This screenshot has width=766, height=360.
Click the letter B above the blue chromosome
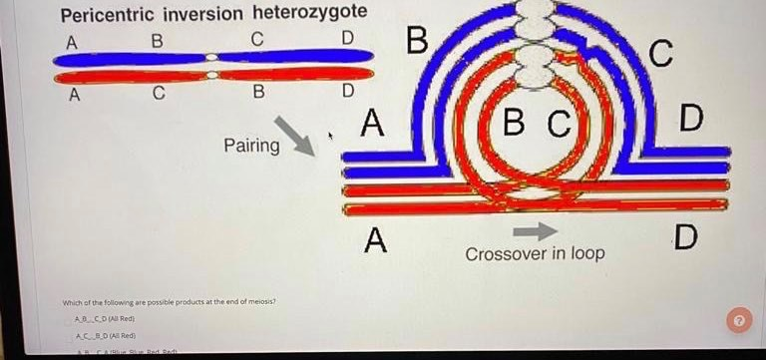click(x=155, y=41)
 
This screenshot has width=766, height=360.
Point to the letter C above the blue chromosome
click(x=256, y=41)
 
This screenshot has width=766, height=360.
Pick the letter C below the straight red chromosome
click(x=159, y=95)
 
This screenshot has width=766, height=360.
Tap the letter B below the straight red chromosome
click(x=258, y=95)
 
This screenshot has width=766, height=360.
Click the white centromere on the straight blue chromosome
click(x=211, y=59)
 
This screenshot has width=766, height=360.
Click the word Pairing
click(x=251, y=146)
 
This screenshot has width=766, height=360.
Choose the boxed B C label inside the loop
click(x=536, y=126)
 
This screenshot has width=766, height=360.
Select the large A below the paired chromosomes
click(x=375, y=240)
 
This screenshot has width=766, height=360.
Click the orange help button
click(x=738, y=320)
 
